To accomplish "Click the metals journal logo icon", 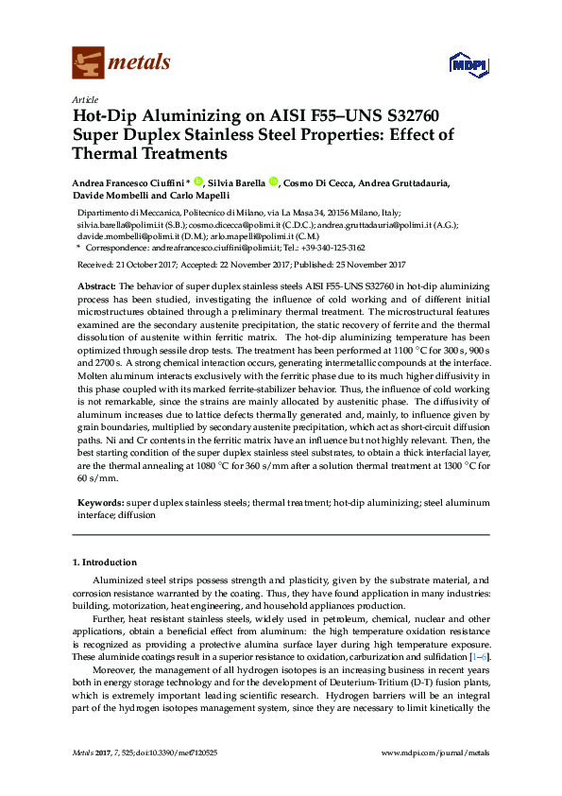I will [88, 62].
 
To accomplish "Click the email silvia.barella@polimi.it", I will [119, 227].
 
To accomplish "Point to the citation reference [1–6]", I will [480, 657].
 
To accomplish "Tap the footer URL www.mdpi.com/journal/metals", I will [434, 753].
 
